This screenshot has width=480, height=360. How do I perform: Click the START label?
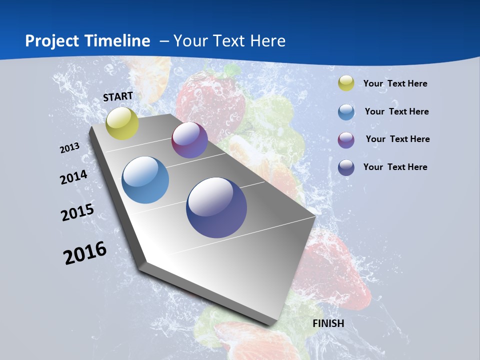click(118, 96)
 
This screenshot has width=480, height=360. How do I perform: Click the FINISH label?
click(328, 323)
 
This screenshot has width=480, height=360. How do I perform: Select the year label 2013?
click(70, 147)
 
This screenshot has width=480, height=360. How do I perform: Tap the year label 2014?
click(74, 177)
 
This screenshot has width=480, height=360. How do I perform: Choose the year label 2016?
click(85, 252)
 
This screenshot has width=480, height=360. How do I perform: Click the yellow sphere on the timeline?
click(122, 123)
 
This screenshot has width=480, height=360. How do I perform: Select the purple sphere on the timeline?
click(189, 140)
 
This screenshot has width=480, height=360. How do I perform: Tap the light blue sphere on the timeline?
click(145, 180)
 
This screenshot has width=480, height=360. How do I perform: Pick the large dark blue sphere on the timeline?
click(216, 207)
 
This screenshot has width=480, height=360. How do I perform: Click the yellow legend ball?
click(346, 83)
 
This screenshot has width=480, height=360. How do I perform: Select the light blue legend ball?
click(346, 111)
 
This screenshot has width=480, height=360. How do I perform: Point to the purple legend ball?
click(346, 139)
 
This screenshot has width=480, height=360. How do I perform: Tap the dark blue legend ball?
click(346, 167)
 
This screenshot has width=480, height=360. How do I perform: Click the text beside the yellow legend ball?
click(395, 83)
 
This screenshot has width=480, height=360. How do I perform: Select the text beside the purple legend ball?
click(397, 139)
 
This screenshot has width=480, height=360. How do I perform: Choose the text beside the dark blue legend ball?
click(395, 167)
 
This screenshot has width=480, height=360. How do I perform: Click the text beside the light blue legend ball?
click(396, 111)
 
